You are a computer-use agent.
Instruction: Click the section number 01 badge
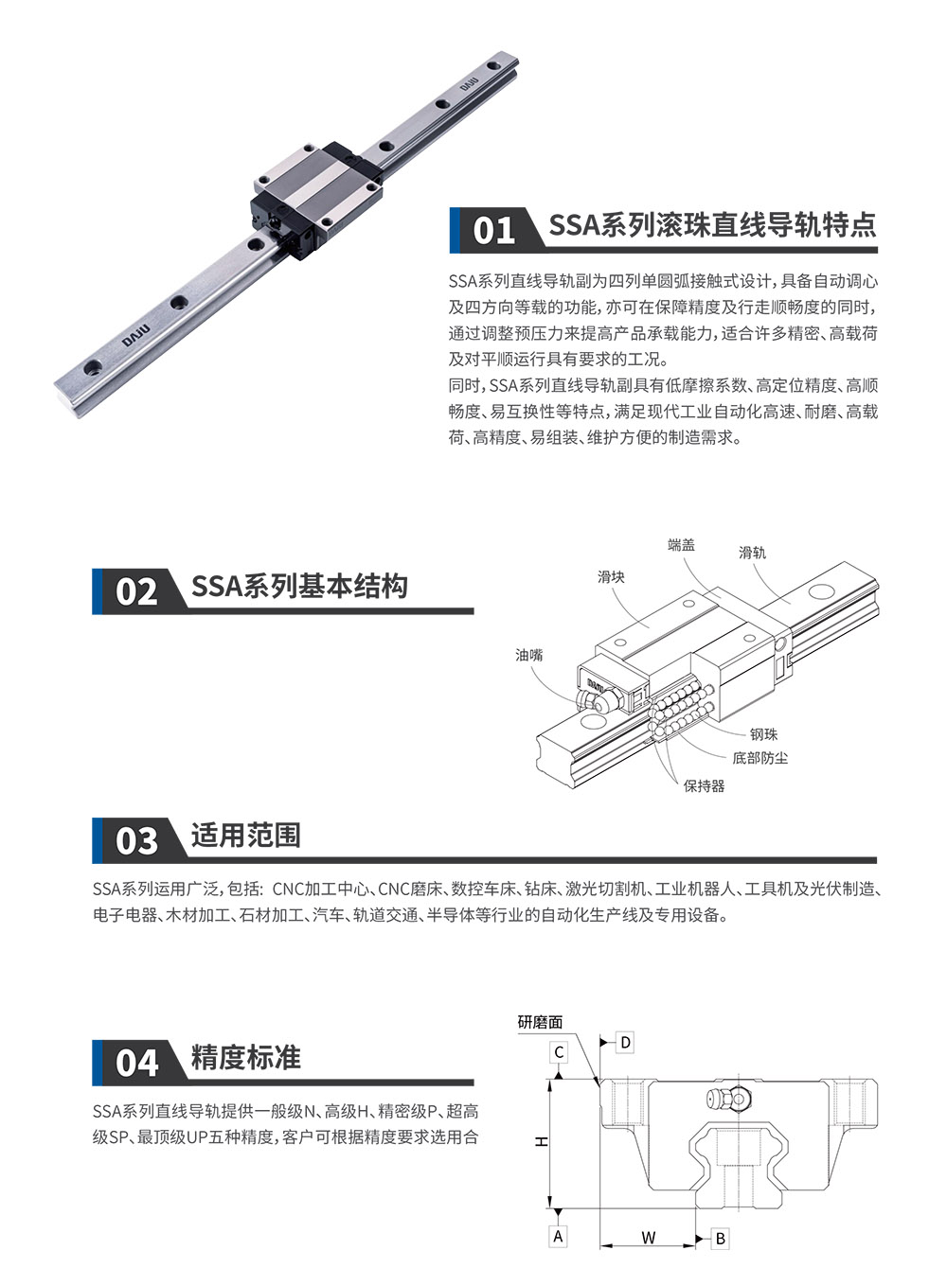tap(493, 230)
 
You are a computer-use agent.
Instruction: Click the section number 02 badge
tap(136, 591)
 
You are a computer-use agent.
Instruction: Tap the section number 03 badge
tap(136, 840)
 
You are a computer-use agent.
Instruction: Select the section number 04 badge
tap(136, 1062)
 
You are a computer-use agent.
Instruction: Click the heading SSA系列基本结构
tap(299, 587)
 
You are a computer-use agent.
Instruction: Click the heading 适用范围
tap(246, 836)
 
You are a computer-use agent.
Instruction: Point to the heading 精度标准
tap(246, 1057)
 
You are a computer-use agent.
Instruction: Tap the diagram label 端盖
tap(681, 545)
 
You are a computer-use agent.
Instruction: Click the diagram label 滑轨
tap(752, 553)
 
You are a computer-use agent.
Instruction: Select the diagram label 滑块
tap(611, 577)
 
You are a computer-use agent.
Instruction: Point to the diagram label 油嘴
tap(529, 655)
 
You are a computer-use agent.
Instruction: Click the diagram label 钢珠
tap(763, 734)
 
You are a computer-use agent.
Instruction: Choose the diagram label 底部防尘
tap(759, 758)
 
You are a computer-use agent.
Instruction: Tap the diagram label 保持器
tap(704, 785)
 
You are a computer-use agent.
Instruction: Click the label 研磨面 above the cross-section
tap(540, 1022)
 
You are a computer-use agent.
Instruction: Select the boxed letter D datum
tap(626, 1043)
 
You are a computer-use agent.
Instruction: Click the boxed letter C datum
tap(559, 1052)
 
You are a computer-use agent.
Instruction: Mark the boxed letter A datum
tap(558, 1236)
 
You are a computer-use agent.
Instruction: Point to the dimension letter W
tap(648, 1237)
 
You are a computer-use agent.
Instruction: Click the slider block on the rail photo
tap(317, 199)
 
